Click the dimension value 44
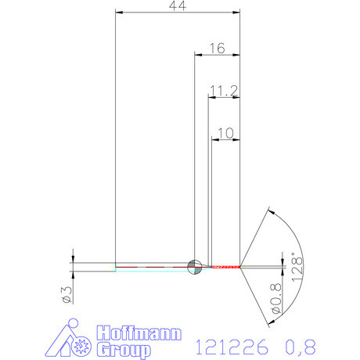click(176, 5)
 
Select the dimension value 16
click(217, 49)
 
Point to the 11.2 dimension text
click(224, 92)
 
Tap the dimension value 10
click(225, 135)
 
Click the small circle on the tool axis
click(195, 266)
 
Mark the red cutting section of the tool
click(223, 267)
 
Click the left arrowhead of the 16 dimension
click(198, 55)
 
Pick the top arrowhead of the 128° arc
click(271, 211)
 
